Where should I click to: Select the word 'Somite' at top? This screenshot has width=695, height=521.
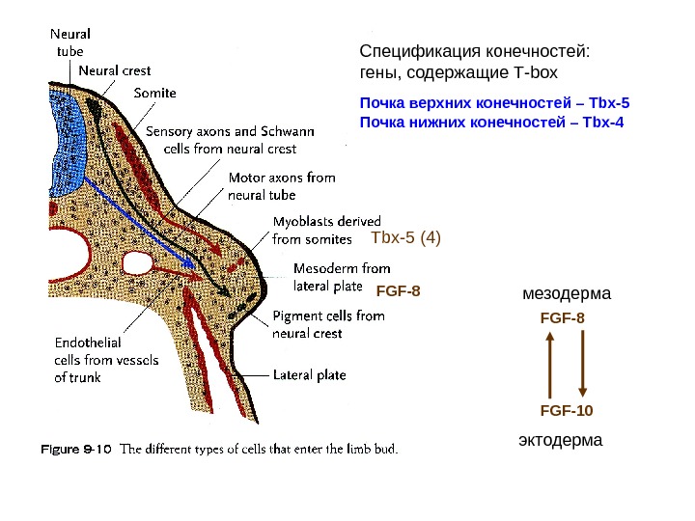[154, 94]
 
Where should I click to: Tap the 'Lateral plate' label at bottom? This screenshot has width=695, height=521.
[309, 374]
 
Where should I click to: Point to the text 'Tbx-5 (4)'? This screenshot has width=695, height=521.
[405, 237]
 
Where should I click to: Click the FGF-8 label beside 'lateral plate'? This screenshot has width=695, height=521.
[399, 288]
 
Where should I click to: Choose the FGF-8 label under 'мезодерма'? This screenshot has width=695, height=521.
[563, 315]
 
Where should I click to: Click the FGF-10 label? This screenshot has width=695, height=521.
[567, 410]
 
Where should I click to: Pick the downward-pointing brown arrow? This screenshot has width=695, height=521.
[582, 365]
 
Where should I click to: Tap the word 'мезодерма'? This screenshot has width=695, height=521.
[568, 292]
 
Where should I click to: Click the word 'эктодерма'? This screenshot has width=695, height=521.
[560, 440]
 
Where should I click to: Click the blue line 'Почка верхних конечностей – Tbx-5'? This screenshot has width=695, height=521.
[493, 101]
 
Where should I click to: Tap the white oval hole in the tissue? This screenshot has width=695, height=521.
[137, 262]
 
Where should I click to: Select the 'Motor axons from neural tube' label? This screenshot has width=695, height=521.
[281, 186]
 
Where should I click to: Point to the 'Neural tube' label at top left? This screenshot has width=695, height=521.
[67, 42]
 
